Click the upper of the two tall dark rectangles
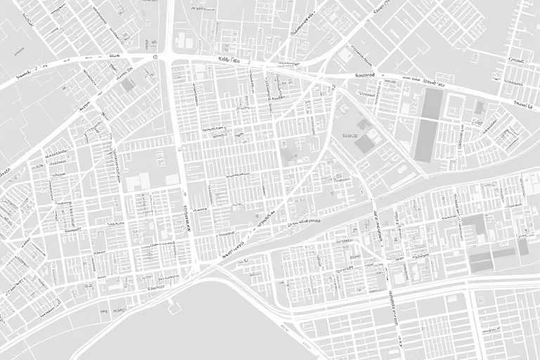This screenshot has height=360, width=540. click(432, 103)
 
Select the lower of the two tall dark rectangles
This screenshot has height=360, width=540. click(425, 140)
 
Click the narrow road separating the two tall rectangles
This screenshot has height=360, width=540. click(428, 118)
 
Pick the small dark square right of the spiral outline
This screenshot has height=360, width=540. click(479, 107)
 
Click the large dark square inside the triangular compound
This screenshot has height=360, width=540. click(364, 144)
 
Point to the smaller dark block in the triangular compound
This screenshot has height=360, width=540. click(363, 124)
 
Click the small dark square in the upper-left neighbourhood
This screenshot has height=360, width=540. click(127, 85)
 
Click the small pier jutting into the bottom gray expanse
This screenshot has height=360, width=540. click(171, 304)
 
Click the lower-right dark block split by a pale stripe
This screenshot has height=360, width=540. click(481, 261)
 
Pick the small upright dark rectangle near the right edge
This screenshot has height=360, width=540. click(523, 247)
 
